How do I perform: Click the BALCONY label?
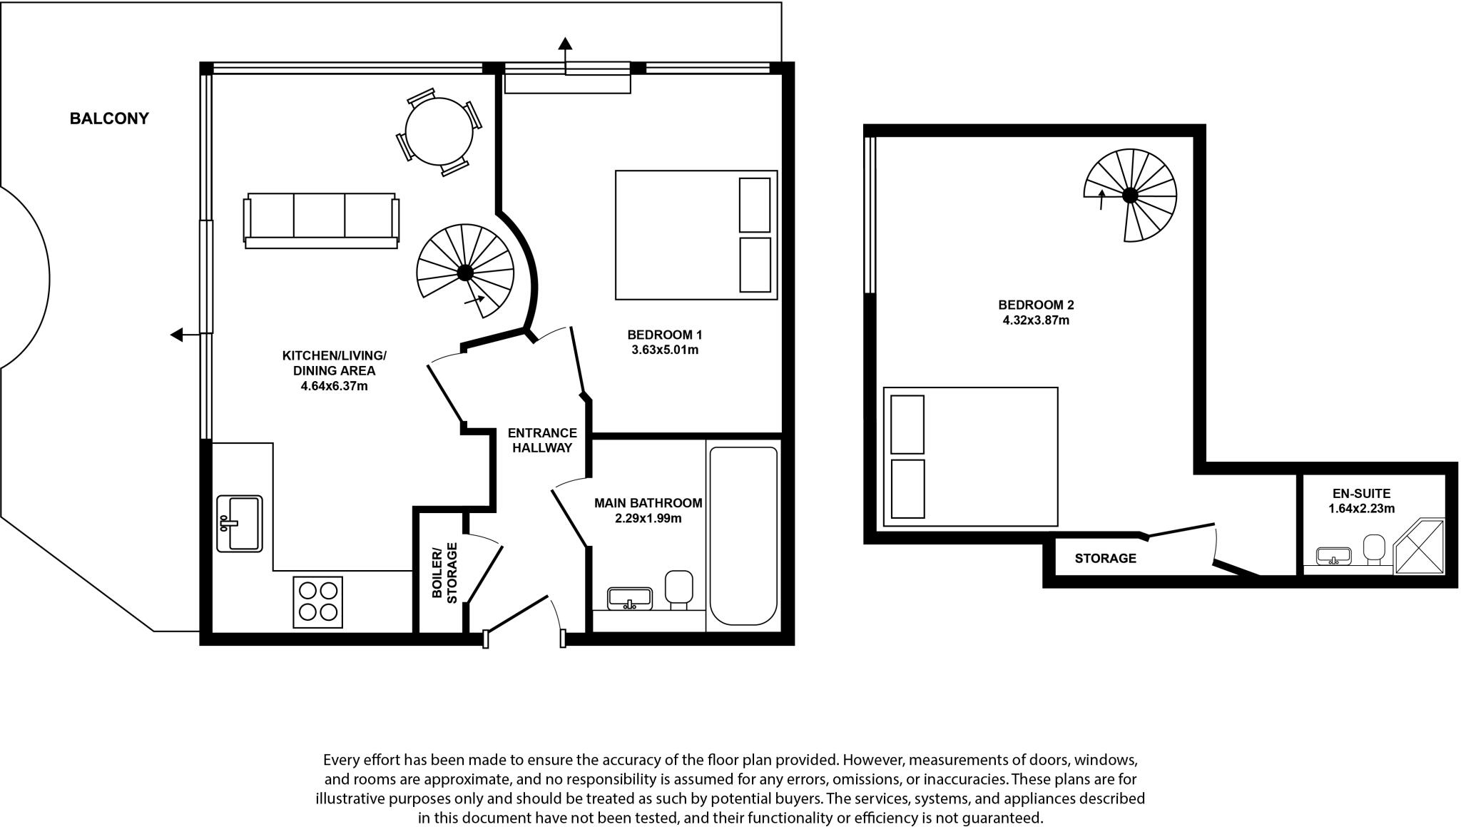(x=109, y=118)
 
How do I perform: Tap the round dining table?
(x=439, y=132)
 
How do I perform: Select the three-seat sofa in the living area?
(x=321, y=218)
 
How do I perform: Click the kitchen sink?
(x=240, y=524)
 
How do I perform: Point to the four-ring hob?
(x=318, y=602)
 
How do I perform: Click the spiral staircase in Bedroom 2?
(x=1130, y=195)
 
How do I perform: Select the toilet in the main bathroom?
(x=678, y=587)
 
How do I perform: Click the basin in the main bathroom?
(x=629, y=598)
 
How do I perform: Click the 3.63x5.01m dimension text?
(x=664, y=350)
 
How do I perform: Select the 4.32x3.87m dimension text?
(x=1036, y=320)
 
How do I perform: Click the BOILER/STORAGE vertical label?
(x=444, y=573)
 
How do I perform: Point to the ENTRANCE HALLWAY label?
(x=542, y=440)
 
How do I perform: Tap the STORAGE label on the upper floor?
(x=1105, y=559)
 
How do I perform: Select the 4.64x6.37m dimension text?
(x=334, y=387)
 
